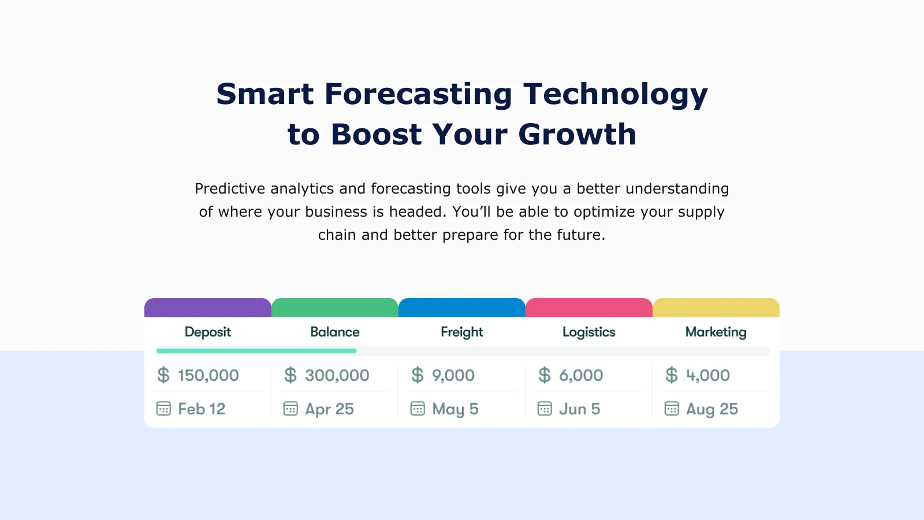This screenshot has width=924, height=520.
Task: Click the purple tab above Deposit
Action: tap(208, 307)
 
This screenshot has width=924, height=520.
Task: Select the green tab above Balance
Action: tap(335, 307)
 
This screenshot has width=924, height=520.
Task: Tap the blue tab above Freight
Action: tap(462, 307)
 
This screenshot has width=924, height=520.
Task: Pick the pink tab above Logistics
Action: tap(589, 307)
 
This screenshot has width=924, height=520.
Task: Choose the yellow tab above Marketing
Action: tap(716, 307)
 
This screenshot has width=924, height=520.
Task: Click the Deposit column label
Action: tap(208, 332)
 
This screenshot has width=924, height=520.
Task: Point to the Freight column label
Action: tap(462, 332)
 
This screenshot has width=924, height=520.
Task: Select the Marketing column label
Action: tap(716, 332)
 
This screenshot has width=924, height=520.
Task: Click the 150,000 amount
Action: tap(208, 375)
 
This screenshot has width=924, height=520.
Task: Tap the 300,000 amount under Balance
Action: tap(337, 375)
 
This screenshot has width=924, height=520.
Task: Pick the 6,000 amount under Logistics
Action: tap(581, 375)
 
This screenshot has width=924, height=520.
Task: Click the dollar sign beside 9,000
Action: tap(418, 375)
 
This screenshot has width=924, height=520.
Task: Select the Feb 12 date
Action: tap(202, 409)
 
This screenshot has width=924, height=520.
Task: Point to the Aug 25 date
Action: tap(712, 410)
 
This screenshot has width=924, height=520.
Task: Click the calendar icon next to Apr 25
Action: tap(290, 408)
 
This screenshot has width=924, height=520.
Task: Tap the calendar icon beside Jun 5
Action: tap(545, 408)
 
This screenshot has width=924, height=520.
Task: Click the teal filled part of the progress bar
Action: tap(256, 351)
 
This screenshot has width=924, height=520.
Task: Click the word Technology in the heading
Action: tap(616, 95)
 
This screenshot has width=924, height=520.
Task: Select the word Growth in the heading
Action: tap(577, 134)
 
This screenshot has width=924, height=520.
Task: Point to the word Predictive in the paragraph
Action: tap(230, 188)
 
